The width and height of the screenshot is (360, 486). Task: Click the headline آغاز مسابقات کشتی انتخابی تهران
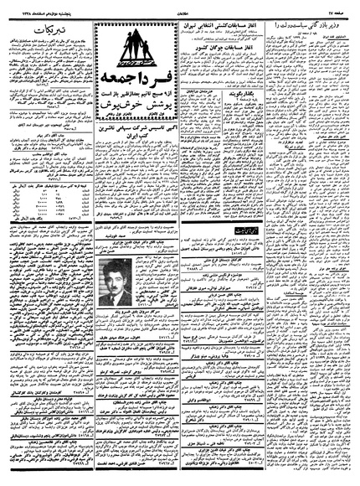221,26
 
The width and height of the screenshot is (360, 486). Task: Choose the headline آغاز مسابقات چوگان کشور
221,64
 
